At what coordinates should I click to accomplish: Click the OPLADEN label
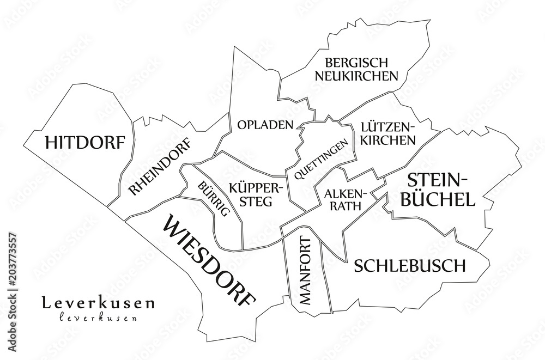pos(265,125)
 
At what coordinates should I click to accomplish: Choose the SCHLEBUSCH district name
pos(410,266)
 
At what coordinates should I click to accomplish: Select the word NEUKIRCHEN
pos(356,76)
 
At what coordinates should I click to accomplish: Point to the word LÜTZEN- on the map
pos(387,127)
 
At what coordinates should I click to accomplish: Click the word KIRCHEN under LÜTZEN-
pos(388,140)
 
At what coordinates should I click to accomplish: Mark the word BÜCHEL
pos(438,199)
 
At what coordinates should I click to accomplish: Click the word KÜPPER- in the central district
pos(256,187)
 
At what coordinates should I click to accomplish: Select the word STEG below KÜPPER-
pos(256,200)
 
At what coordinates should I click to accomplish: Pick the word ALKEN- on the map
pos(346,193)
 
